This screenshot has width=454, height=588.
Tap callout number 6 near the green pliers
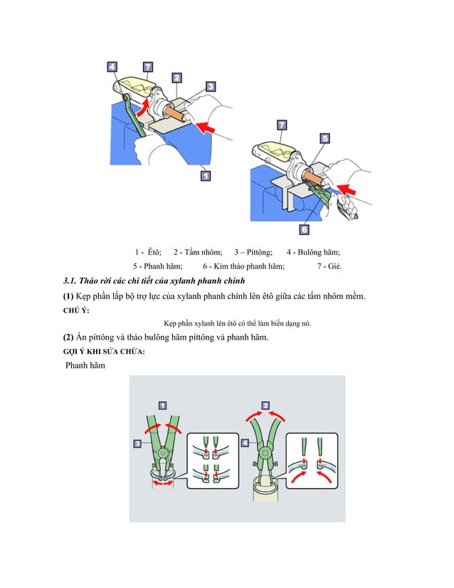click(x=304, y=230)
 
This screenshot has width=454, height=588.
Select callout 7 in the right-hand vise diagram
click(x=282, y=126)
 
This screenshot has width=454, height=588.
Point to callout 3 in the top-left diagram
click(x=211, y=86)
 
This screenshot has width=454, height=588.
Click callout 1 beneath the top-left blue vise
click(x=205, y=174)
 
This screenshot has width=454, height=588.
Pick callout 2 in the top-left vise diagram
click(x=176, y=78)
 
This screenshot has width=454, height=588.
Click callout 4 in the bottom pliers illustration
click(x=245, y=442)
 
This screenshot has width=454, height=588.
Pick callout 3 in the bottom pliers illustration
click(x=137, y=443)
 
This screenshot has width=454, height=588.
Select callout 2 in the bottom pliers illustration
click(x=265, y=405)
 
